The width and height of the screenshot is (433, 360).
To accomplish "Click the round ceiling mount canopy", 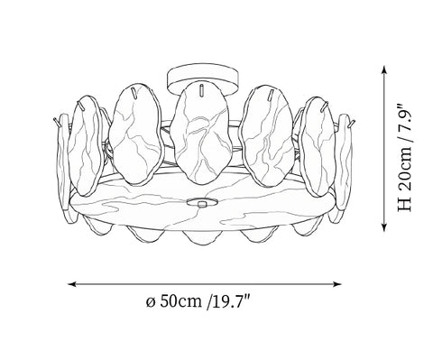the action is [203, 75].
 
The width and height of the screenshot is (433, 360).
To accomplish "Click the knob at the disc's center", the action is [202, 204].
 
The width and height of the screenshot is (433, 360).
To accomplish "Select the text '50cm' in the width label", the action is [180, 300].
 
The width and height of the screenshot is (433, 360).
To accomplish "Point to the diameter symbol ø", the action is [151, 301].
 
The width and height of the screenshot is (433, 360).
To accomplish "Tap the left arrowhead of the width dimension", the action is [71, 284].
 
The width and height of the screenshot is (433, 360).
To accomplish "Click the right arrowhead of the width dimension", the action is [337, 284].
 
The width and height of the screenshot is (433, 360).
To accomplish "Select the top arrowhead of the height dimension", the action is [383, 69].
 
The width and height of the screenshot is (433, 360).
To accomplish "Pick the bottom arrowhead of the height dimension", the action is [383, 227].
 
